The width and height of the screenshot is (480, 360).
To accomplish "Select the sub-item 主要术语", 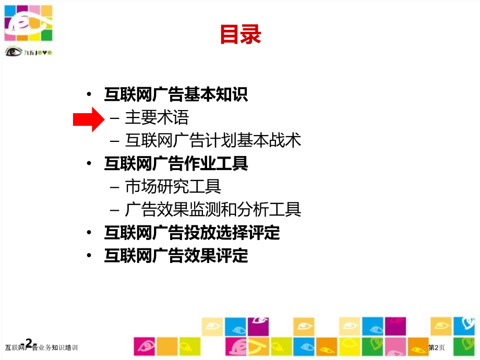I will click(157, 118).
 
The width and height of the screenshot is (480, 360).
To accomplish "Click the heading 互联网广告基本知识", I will click(176, 94).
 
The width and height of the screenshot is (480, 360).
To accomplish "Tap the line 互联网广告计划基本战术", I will click(213, 141).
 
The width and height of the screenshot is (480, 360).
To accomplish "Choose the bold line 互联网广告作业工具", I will click(176, 164).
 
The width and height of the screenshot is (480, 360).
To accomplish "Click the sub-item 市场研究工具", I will click(173, 187).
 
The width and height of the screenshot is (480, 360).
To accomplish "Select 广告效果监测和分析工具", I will click(213, 210).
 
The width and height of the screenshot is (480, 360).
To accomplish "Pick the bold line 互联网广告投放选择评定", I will click(192, 233).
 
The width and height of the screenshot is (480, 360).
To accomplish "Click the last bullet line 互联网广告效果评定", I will click(176, 256).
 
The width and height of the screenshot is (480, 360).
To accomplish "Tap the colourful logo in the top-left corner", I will click(29, 23).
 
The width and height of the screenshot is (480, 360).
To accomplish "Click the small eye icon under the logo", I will click(13, 51).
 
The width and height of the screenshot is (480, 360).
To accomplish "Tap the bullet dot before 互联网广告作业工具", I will click(91, 164).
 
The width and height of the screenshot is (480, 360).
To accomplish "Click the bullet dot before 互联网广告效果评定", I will click(91, 256).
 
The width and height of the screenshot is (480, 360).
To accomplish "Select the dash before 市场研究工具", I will click(115, 187).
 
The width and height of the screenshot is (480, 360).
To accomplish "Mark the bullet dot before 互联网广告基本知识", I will click(91, 95).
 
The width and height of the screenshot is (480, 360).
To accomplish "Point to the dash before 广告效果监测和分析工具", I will click(115, 210).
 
